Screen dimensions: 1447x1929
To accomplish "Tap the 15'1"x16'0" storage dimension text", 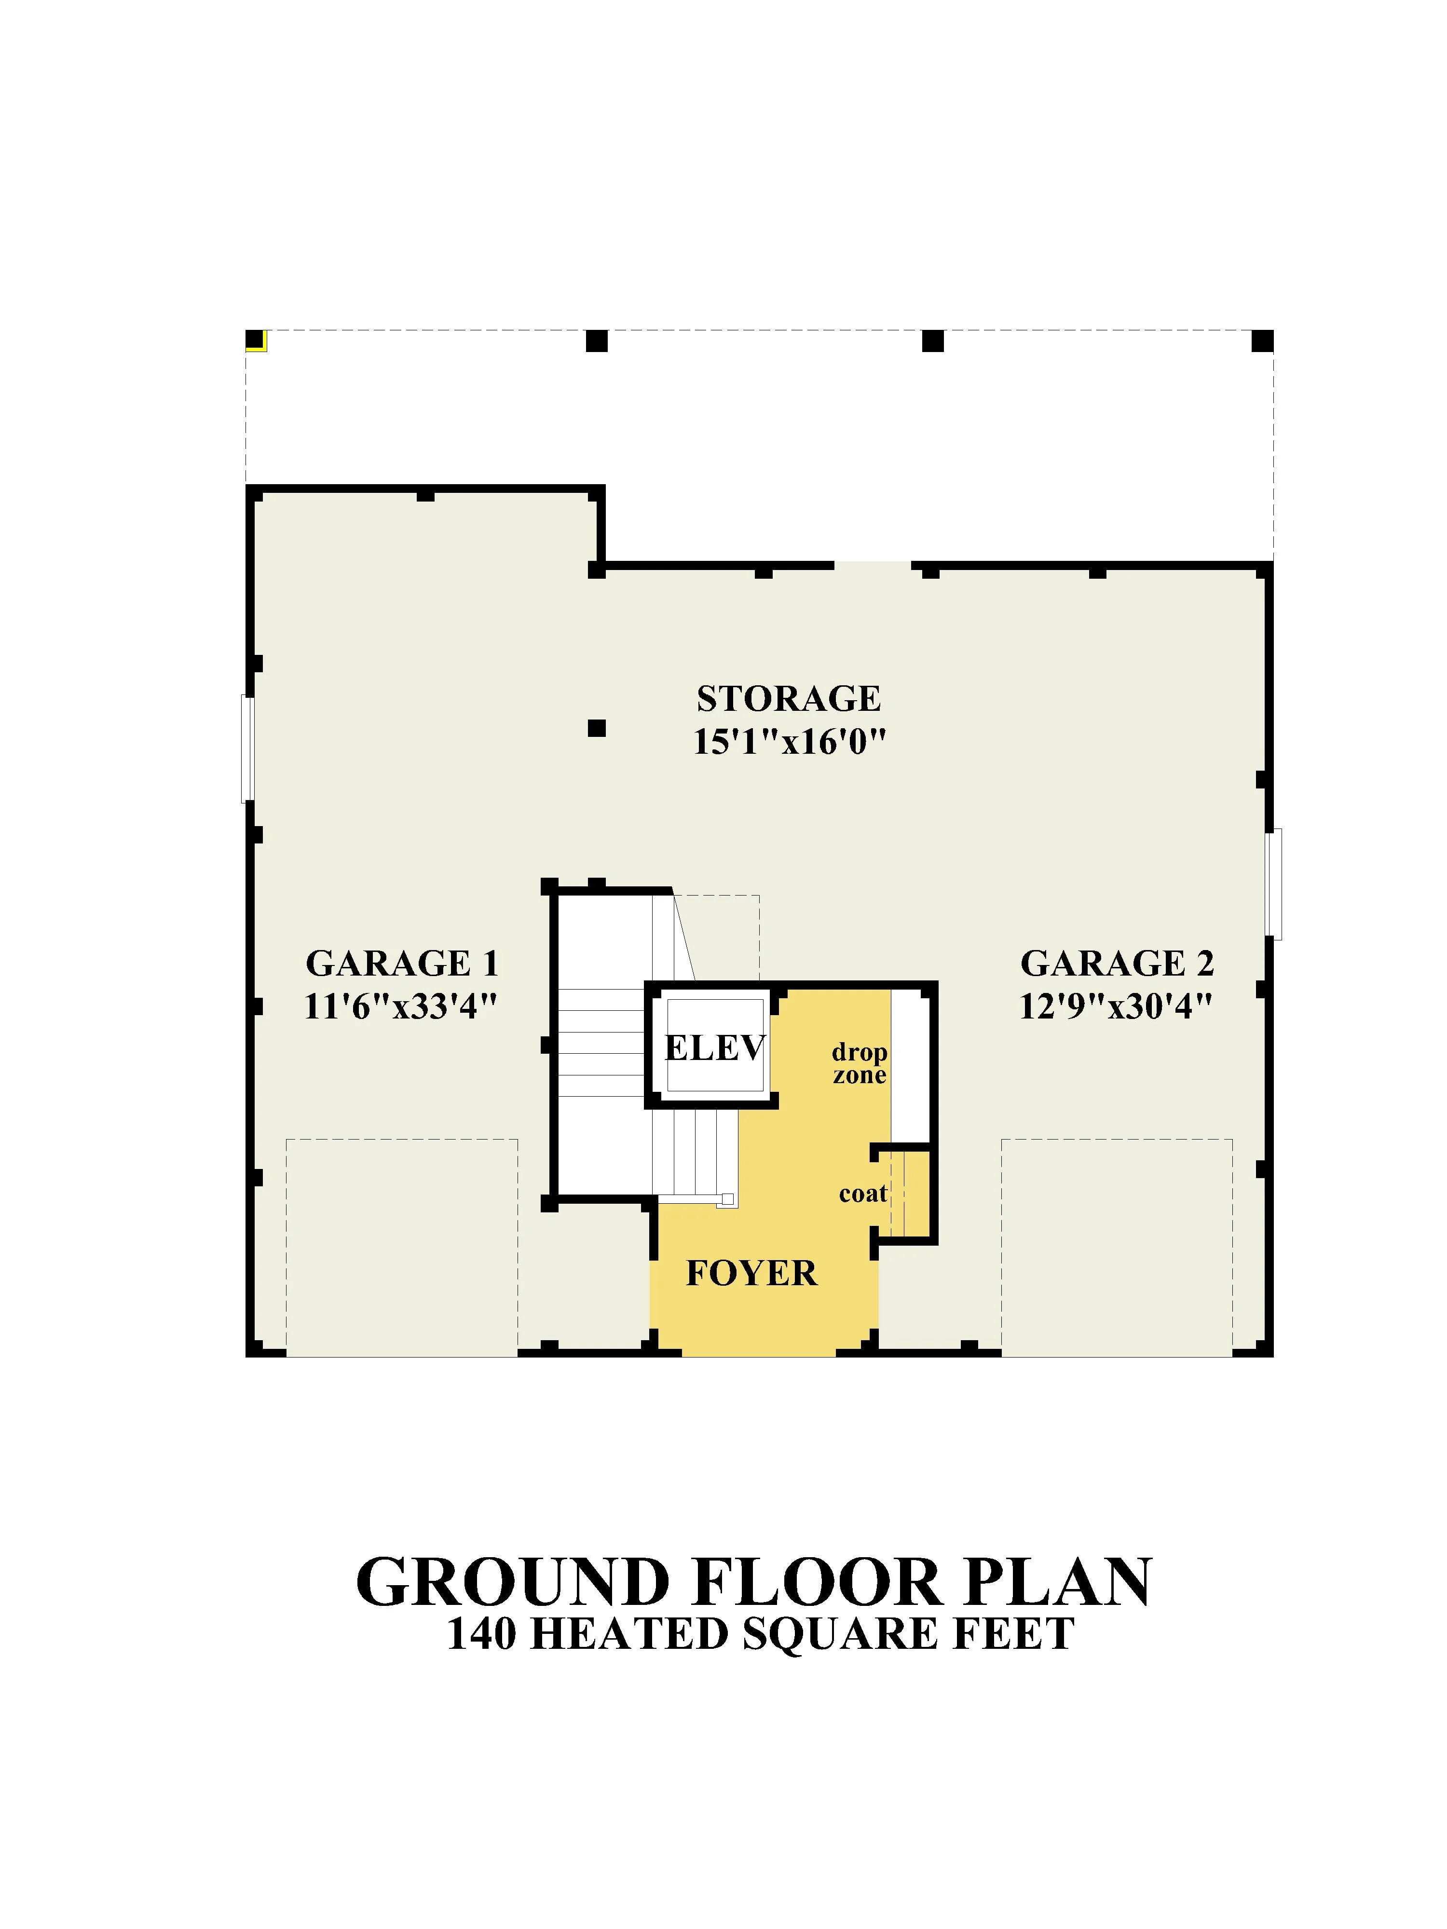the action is [790, 742].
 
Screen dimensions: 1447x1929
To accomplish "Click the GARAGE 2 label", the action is [1117, 964].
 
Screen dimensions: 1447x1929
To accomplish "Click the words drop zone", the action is [859, 1063].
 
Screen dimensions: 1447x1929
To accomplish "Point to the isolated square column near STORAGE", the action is [597, 727].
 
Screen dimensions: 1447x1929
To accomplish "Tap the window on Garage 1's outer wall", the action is [248, 748].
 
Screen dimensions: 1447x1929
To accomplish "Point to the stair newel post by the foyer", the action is [727, 1198].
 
